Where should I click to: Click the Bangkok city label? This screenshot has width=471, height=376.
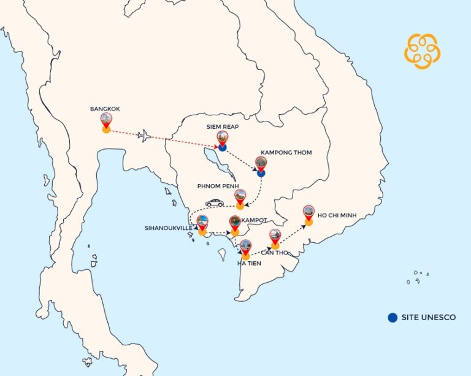coord(105,109)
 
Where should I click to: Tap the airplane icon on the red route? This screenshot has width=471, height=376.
coord(145,136)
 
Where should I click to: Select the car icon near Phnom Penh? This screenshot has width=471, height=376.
coord(214,202)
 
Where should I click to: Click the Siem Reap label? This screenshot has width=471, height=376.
coord(222,127)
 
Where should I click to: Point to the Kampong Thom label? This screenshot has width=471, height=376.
coord(286,152)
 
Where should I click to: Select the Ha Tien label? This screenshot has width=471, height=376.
coord(250,263)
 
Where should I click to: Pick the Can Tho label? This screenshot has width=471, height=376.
coord(275,252)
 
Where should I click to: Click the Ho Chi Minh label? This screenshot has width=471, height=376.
coord(337,215)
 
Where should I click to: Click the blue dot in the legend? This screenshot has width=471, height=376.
coord(392,317)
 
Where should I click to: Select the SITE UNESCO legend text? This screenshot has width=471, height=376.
coord(429,318)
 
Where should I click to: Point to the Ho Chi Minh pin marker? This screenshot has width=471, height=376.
coord(308,213)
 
